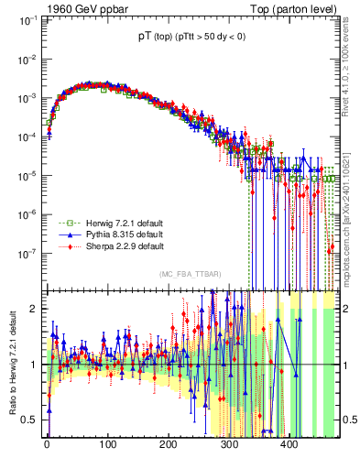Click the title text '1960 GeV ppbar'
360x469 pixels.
pos(83,9)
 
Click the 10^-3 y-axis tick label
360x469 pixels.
pos(24,97)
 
